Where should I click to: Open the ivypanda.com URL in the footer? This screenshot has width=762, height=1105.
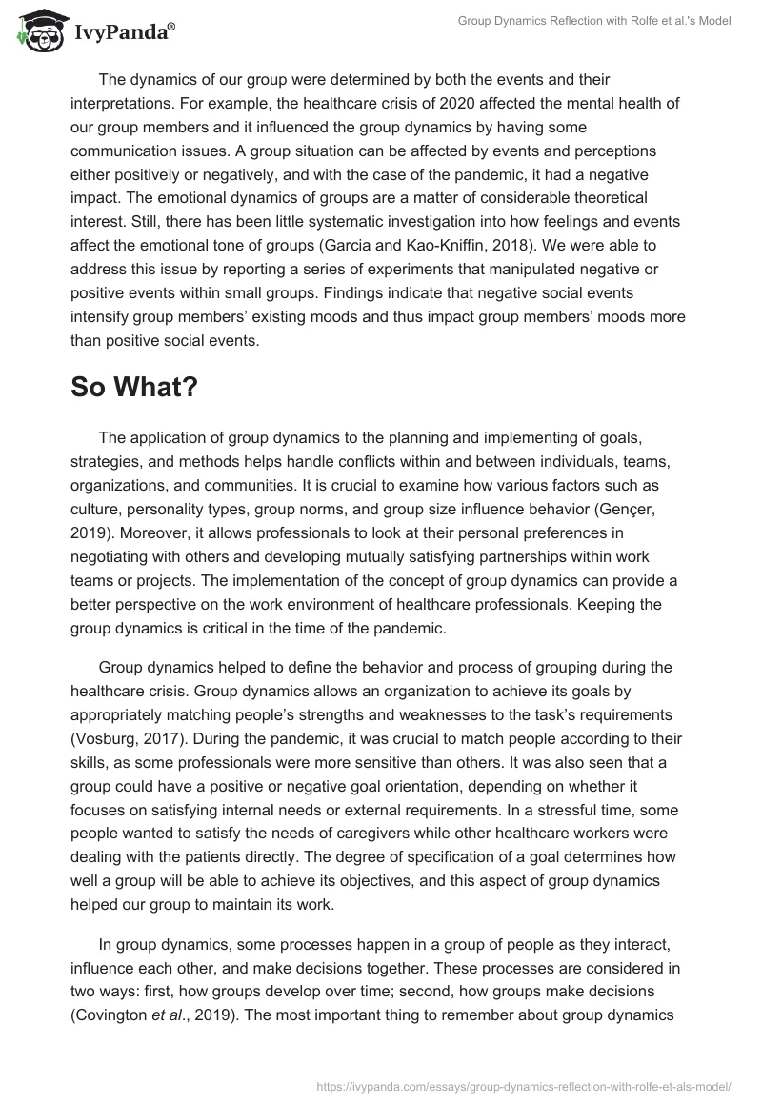[528, 1084]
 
